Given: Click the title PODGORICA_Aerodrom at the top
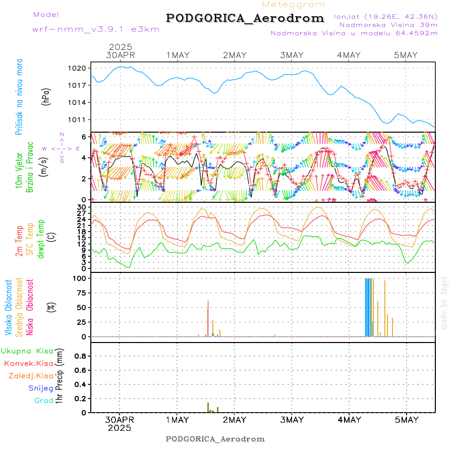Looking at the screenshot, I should point(245,18).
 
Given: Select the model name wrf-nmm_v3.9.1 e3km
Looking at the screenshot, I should point(96,29).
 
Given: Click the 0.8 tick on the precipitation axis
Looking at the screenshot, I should point(80,356).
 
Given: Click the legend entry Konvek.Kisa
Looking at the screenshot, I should point(29,363).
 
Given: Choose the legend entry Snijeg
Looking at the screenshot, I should point(40,388).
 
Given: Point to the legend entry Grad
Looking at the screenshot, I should point(44,401).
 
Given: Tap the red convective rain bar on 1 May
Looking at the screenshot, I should point(208,407).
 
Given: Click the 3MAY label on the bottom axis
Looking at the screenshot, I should point(292,420).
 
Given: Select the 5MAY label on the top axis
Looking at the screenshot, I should point(406,55).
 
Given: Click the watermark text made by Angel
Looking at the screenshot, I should point(444,303).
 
